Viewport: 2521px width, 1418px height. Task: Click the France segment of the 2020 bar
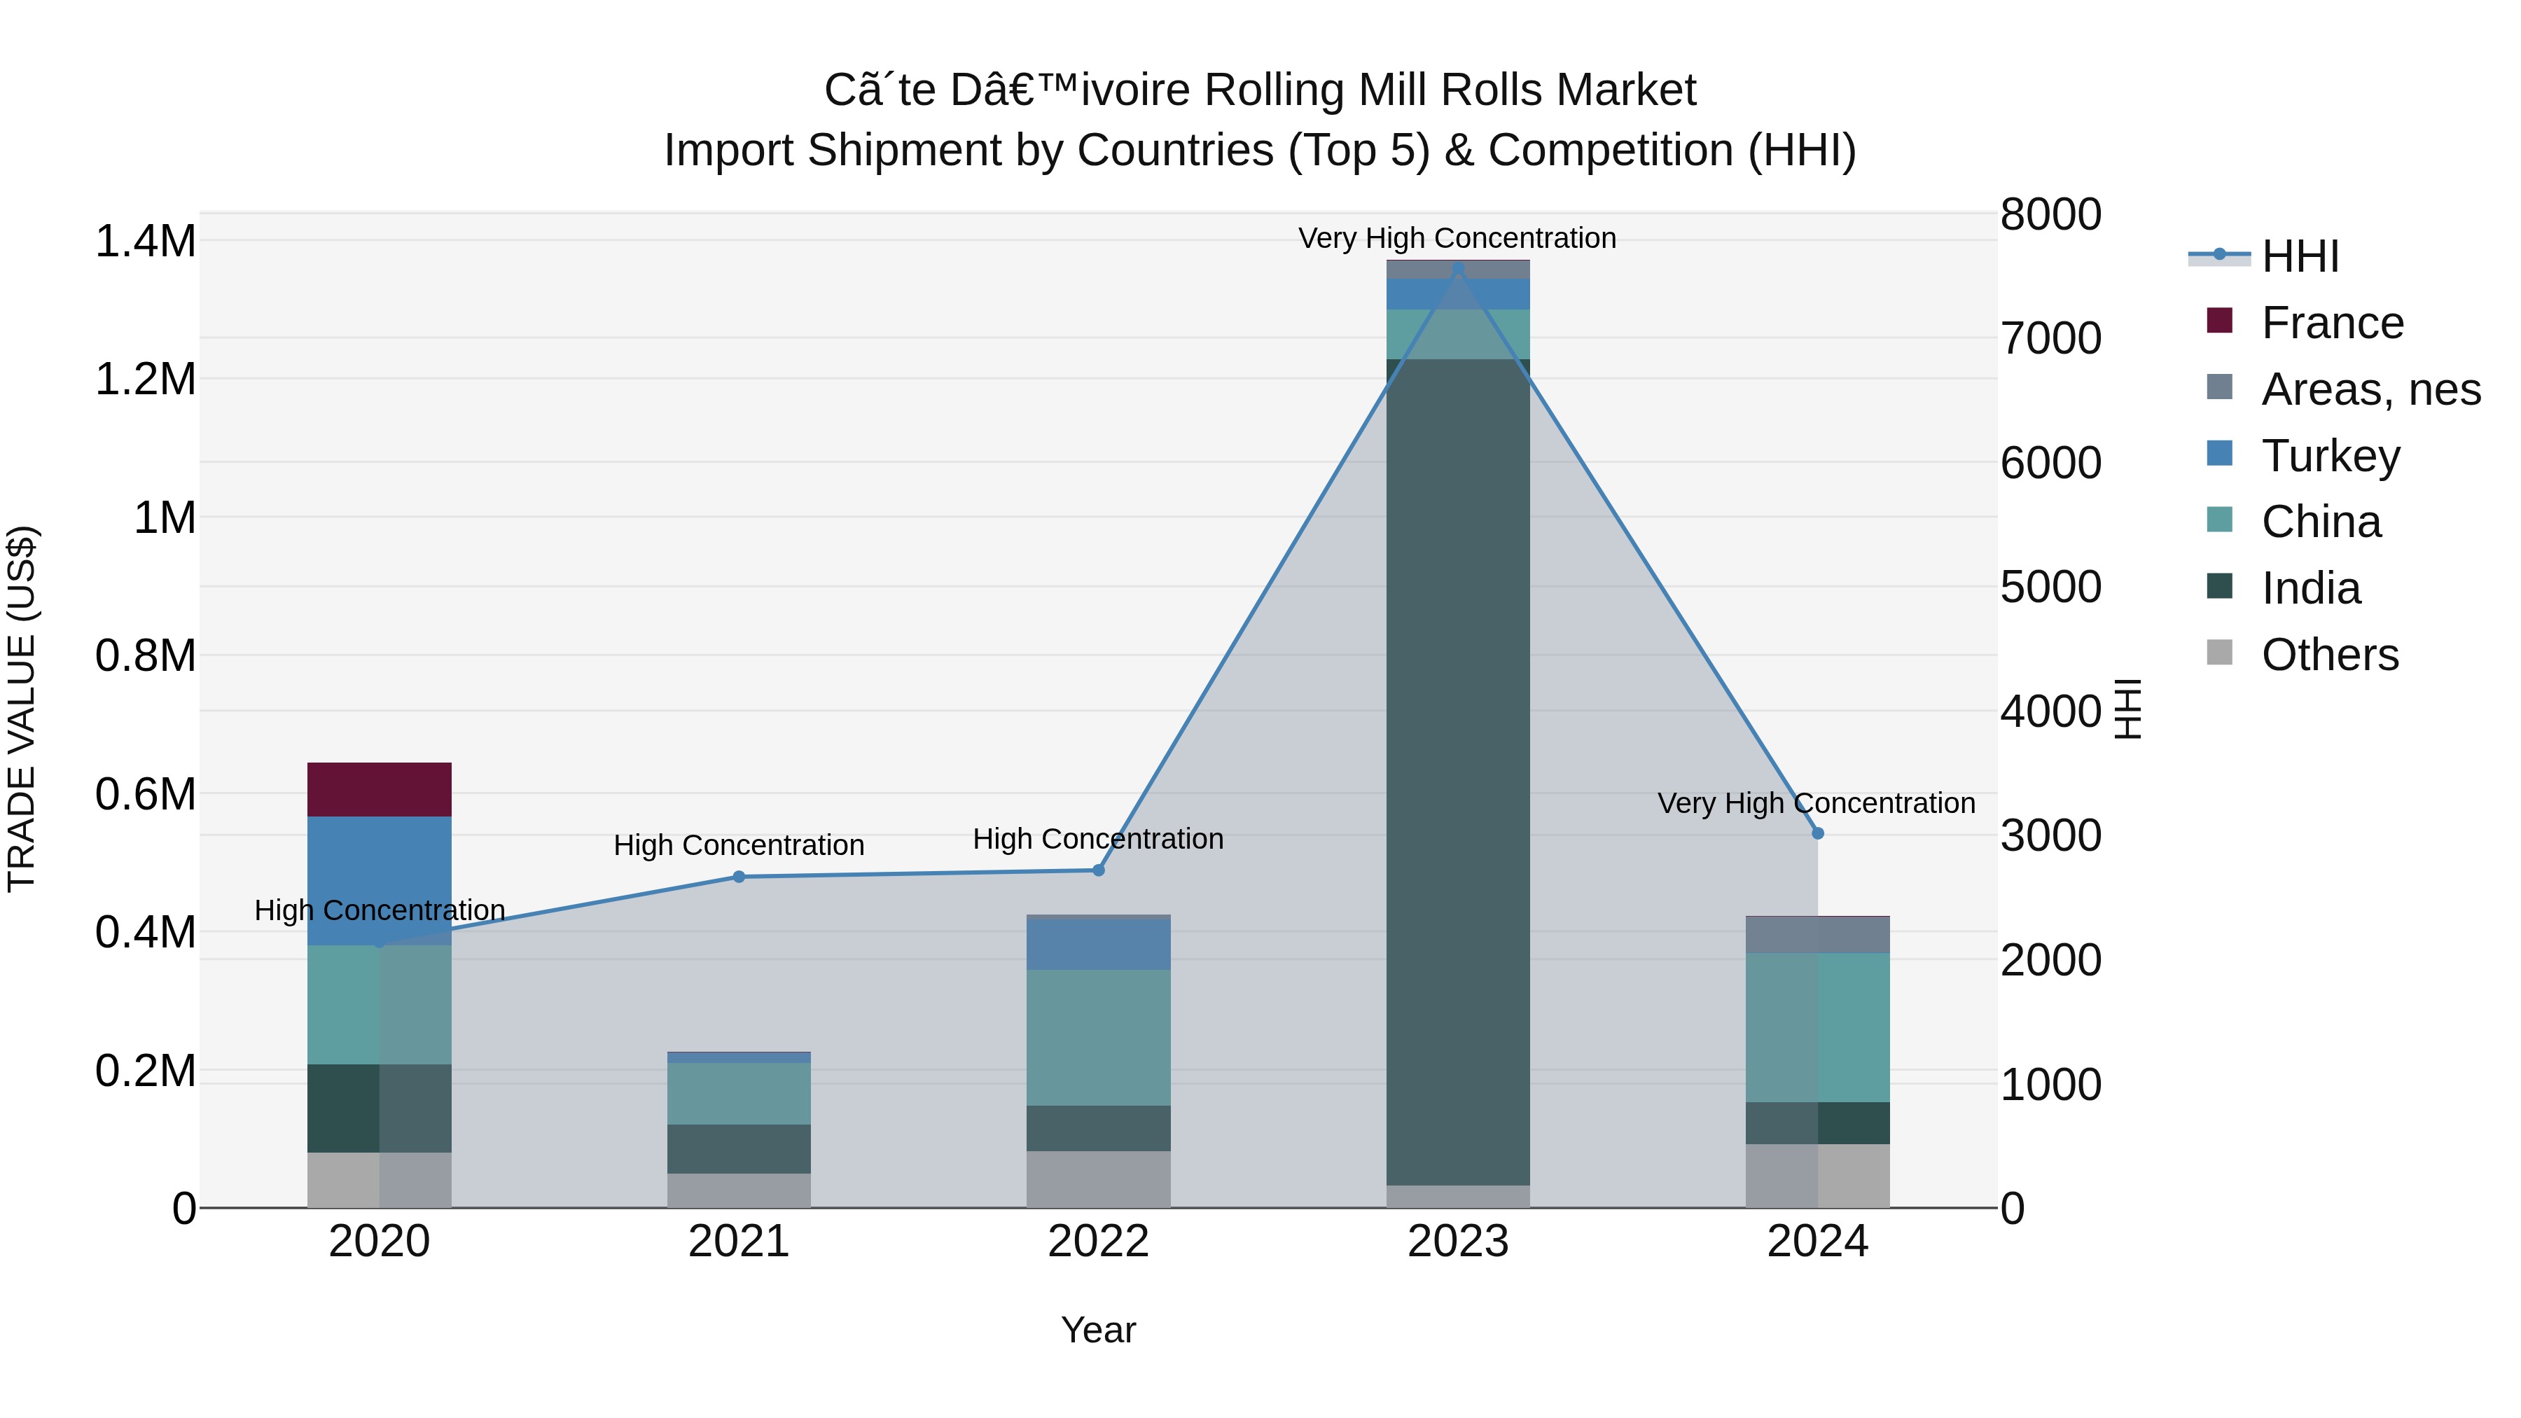click(x=379, y=788)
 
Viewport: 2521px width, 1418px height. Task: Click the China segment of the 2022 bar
click(x=1098, y=1037)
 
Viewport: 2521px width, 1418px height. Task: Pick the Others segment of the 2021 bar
click(x=739, y=1190)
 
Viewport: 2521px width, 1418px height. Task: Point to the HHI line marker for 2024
click(x=1817, y=833)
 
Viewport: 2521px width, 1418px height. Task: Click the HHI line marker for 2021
click(x=739, y=877)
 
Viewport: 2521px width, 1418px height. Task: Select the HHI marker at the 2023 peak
click(x=1457, y=267)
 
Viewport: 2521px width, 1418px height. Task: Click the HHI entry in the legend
click(x=2299, y=256)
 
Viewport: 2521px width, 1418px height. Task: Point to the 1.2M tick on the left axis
click(x=146, y=379)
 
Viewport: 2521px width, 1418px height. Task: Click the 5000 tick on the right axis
click(x=2050, y=588)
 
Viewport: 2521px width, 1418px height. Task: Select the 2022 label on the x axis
click(x=1098, y=1242)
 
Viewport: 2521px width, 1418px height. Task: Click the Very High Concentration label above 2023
click(x=1457, y=238)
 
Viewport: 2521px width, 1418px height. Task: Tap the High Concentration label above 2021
click(x=739, y=844)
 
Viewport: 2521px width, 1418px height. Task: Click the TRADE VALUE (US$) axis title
click(x=22, y=709)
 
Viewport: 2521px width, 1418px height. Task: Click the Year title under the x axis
click(x=1098, y=1330)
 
